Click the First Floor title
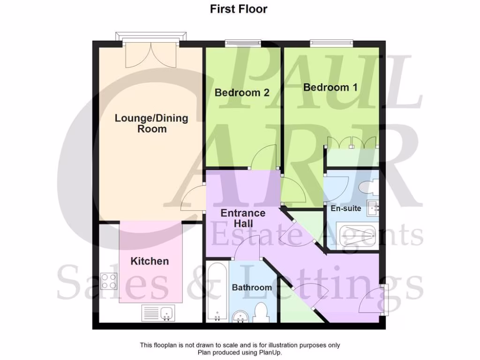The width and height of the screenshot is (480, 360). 239,9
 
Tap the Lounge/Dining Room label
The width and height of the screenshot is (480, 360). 151,123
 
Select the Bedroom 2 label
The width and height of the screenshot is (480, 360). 242,92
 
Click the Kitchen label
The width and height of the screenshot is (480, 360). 150,261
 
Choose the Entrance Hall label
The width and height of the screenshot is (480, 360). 243,218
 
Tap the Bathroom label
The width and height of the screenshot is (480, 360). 252,287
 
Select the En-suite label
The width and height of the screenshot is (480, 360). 345,208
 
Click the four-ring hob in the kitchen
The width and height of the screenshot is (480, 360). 109,281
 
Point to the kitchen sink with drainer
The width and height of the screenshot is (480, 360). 157,312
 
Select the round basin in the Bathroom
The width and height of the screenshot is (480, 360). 241,317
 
